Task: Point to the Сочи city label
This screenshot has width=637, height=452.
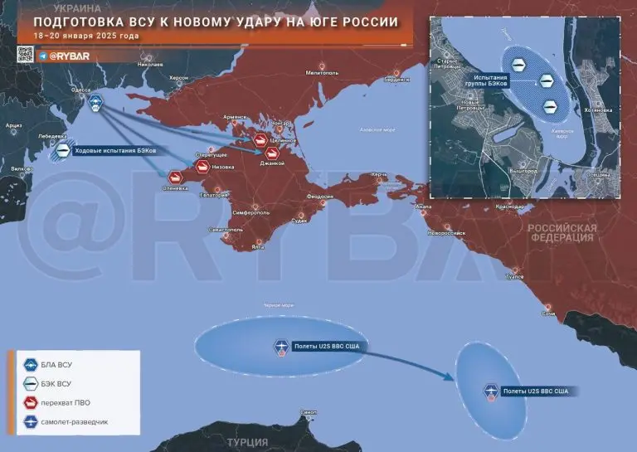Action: pos(547,314)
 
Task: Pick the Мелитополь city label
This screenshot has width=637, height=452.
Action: pos(319,72)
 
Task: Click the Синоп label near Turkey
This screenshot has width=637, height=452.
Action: pos(309,412)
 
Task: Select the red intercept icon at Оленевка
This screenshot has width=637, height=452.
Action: pos(176,177)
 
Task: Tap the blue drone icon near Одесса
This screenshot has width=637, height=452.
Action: pos(96,103)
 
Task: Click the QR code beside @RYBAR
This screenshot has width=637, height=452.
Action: pos(25,55)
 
